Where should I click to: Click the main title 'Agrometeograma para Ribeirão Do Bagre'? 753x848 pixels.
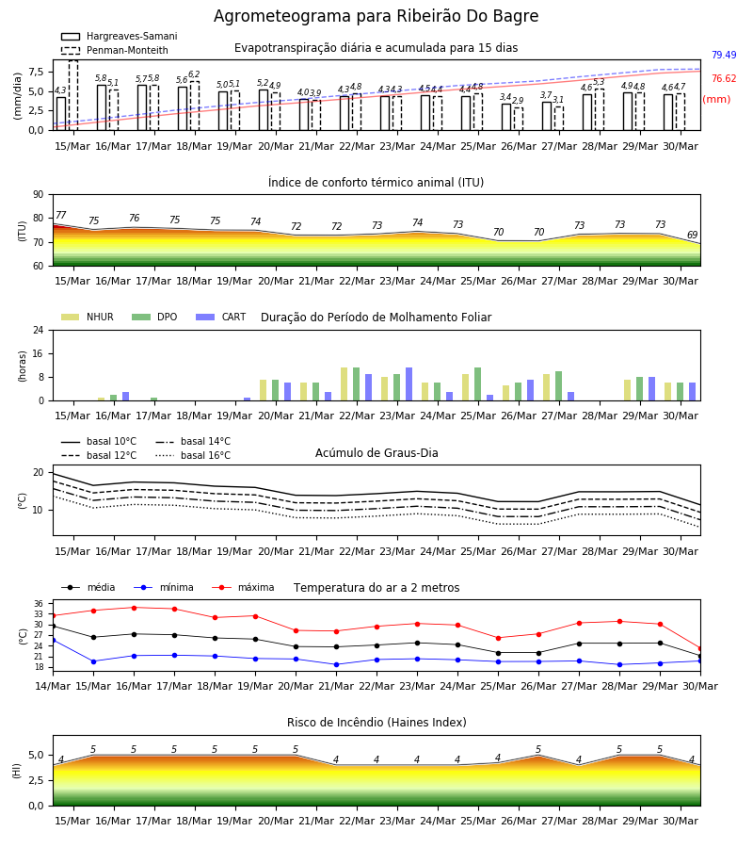click(376, 16)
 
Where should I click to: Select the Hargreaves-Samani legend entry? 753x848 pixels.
click(119, 36)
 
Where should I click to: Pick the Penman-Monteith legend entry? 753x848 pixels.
click(115, 50)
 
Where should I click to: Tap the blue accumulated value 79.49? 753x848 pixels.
click(724, 56)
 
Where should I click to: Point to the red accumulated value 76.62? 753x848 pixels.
click(724, 79)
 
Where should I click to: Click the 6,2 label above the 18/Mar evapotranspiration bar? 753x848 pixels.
click(195, 74)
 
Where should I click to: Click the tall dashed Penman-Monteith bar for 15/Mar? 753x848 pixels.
click(73, 95)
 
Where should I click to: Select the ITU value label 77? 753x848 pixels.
click(60, 215)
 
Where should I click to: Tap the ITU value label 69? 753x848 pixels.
click(693, 235)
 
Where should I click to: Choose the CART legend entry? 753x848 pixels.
click(221, 317)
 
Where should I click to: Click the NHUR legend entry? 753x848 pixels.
click(88, 317)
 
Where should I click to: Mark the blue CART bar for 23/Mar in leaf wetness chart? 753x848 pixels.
click(409, 384)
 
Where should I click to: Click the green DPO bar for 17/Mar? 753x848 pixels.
click(154, 400)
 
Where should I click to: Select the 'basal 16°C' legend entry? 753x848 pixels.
click(193, 455)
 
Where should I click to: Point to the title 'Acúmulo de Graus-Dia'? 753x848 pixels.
click(376, 453)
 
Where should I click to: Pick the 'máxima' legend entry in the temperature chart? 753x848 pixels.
click(243, 587)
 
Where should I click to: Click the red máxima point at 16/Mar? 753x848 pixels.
click(134, 608)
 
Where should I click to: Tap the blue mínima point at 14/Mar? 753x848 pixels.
click(53, 641)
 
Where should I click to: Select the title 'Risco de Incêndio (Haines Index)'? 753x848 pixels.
click(376, 723)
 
